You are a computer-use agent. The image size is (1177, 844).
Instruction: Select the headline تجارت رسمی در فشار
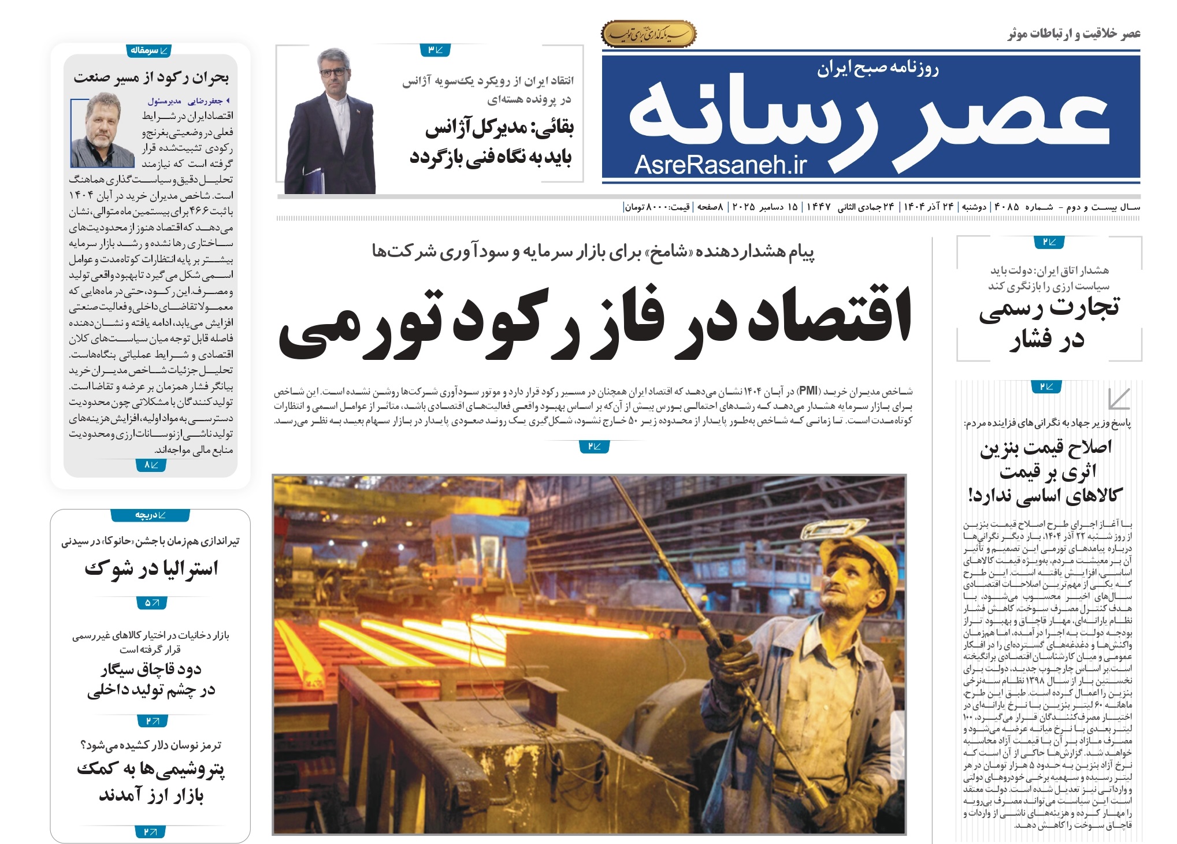[x=1049, y=323]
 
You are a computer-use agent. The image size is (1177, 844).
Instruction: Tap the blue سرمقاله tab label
[x=148, y=51]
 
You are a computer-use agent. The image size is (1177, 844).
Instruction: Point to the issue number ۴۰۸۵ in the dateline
[x=1006, y=207]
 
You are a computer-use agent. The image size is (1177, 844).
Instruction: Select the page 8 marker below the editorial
[x=150, y=464]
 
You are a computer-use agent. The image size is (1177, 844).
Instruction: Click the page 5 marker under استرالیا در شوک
[x=151, y=603]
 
